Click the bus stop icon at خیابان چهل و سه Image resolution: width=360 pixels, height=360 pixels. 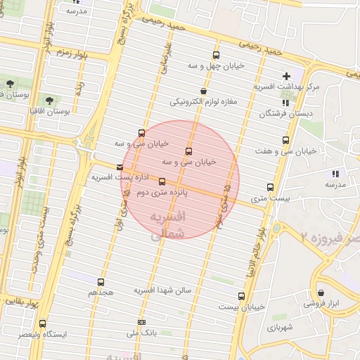(x=216, y=55)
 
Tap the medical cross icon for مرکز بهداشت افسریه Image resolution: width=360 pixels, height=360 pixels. (x=285, y=76)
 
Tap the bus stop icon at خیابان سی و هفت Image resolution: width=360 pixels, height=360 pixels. (x=285, y=140)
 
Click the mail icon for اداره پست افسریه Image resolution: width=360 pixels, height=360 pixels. (x=120, y=167)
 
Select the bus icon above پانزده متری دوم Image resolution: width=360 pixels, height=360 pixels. (x=162, y=181)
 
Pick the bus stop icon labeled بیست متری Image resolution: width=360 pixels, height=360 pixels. (x=270, y=187)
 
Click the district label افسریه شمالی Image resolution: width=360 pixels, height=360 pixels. (x=168, y=225)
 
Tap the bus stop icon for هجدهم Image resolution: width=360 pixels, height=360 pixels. (x=101, y=282)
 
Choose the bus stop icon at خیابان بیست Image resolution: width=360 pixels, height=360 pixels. (x=242, y=296)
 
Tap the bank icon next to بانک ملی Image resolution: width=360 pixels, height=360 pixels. (x=142, y=323)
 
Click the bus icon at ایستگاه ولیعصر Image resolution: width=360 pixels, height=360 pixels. (x=43, y=324)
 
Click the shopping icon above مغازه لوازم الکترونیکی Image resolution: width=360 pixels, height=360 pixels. (x=204, y=91)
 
